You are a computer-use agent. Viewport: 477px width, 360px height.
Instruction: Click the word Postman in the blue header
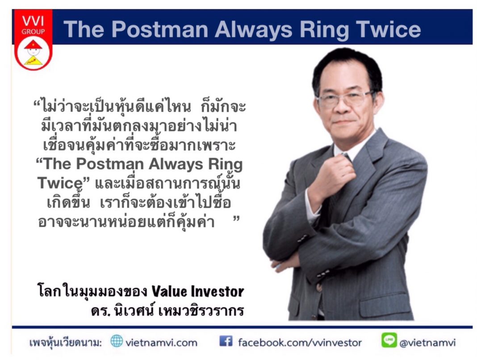coord(160,29)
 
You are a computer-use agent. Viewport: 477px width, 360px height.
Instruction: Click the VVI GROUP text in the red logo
coord(33,25)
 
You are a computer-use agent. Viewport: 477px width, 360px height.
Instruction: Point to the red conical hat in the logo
coord(33,45)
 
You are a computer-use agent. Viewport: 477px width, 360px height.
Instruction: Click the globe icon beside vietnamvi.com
coord(117,341)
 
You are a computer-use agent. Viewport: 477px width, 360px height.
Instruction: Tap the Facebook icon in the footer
coord(226,341)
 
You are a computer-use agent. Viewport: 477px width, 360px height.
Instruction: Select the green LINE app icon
coord(389,340)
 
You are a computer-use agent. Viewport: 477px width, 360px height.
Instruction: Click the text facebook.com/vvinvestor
coord(300,343)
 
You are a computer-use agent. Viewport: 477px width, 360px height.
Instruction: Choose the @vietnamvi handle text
coord(428,343)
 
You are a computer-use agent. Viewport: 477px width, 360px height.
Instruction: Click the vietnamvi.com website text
coord(162,343)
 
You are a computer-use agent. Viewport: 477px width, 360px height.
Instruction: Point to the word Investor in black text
coord(217,291)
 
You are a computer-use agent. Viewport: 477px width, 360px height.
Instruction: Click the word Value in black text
coord(169,291)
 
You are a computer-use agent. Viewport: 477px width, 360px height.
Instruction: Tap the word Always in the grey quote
coord(176,164)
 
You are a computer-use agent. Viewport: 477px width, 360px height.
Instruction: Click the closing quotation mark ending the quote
coord(236,218)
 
